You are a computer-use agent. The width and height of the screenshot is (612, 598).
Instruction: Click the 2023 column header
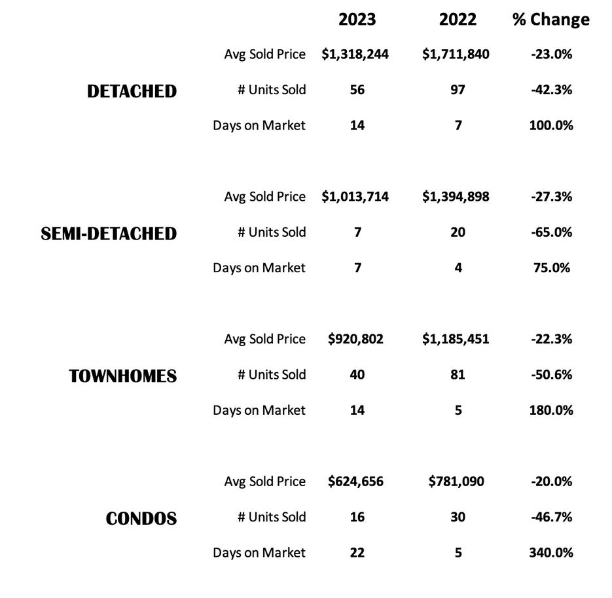[x=357, y=20]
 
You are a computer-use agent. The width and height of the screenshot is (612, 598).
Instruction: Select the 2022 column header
[x=458, y=20]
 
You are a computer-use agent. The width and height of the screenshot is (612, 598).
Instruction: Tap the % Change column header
[x=550, y=20]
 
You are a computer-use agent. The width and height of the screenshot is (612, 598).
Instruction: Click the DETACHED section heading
[x=132, y=91]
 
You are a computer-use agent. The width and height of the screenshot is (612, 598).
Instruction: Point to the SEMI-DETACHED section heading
[x=109, y=234]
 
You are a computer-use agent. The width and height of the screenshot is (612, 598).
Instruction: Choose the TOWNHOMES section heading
[x=123, y=376]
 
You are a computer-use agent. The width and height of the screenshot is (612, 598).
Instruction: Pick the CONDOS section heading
[x=141, y=519]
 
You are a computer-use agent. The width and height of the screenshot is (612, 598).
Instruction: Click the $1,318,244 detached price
[x=355, y=54]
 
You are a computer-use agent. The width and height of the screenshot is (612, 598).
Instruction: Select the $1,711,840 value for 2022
[x=456, y=54]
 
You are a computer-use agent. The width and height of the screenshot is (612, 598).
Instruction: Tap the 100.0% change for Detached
[x=551, y=125]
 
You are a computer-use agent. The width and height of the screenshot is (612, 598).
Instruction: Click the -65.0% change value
[x=551, y=232]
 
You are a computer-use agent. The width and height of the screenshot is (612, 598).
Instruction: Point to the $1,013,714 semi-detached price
[x=355, y=197]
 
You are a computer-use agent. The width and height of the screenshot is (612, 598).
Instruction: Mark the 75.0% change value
[x=551, y=268]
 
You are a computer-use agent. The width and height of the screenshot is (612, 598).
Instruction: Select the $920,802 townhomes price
[x=355, y=339]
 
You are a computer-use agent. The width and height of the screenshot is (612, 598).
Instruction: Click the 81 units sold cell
[x=458, y=375]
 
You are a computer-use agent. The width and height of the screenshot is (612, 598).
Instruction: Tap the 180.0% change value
[x=551, y=410]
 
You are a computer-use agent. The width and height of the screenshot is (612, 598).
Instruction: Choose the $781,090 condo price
[x=456, y=482]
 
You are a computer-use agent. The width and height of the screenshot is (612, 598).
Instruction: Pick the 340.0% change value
[x=551, y=553]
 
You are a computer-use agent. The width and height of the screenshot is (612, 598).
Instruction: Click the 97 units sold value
[x=458, y=90]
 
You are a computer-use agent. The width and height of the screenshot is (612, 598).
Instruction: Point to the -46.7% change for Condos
[x=551, y=517]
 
